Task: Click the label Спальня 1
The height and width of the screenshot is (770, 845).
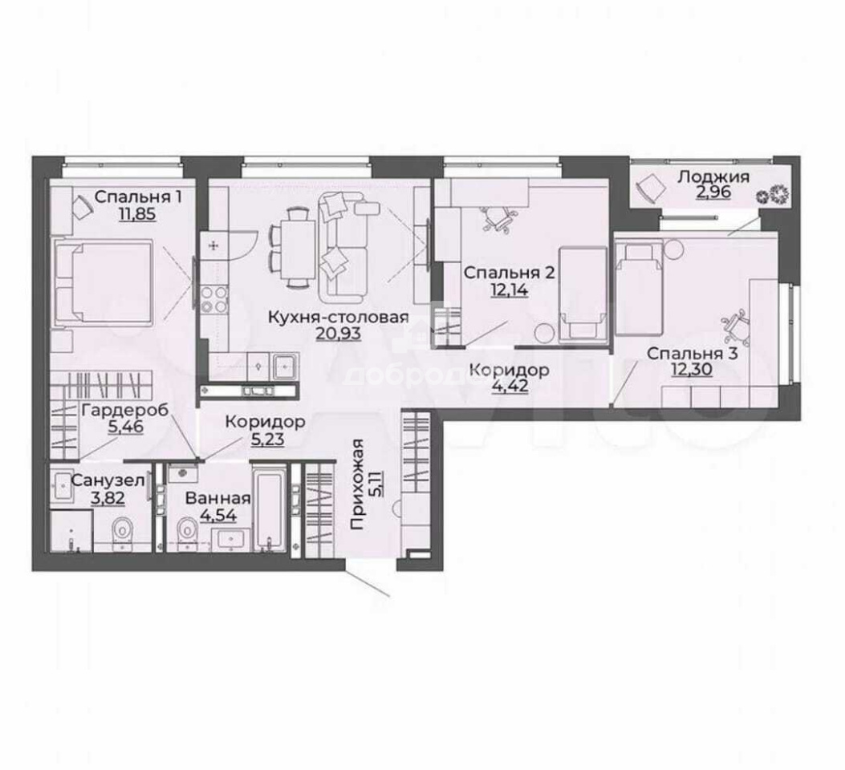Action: (x=138, y=197)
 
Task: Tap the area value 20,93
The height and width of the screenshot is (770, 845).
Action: (x=338, y=334)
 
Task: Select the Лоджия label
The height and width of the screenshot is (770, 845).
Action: (x=713, y=176)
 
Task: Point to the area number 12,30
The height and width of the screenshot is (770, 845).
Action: (x=692, y=370)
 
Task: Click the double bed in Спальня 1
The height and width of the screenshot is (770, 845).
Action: (x=104, y=282)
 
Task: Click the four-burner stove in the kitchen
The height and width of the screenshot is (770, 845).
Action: (x=214, y=299)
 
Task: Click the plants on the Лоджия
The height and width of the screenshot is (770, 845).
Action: (x=773, y=193)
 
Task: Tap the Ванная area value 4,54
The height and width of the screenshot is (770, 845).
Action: (x=218, y=515)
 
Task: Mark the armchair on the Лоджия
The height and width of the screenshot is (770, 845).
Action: (x=651, y=189)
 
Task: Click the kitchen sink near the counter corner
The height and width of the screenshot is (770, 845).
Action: (x=283, y=367)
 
